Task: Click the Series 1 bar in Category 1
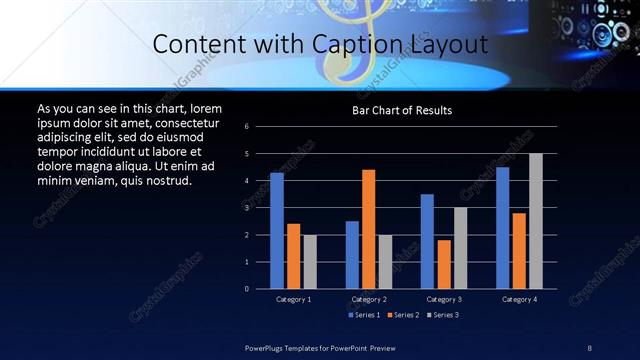(x=277, y=231)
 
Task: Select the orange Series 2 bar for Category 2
(x=368, y=229)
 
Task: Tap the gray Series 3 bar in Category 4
(x=535, y=221)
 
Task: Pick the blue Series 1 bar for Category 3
(x=427, y=241)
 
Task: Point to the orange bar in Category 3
(x=443, y=264)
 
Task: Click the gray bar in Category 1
(x=310, y=261)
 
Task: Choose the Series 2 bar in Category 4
(x=518, y=250)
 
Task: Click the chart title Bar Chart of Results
(x=402, y=110)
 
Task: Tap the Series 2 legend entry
(x=402, y=315)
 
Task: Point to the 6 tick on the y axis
(x=260, y=127)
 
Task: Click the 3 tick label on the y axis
(x=260, y=208)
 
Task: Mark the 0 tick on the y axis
(x=260, y=289)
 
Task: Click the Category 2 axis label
(x=368, y=299)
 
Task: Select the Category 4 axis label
(x=518, y=299)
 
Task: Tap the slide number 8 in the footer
(x=589, y=348)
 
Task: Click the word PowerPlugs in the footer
(x=266, y=348)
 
